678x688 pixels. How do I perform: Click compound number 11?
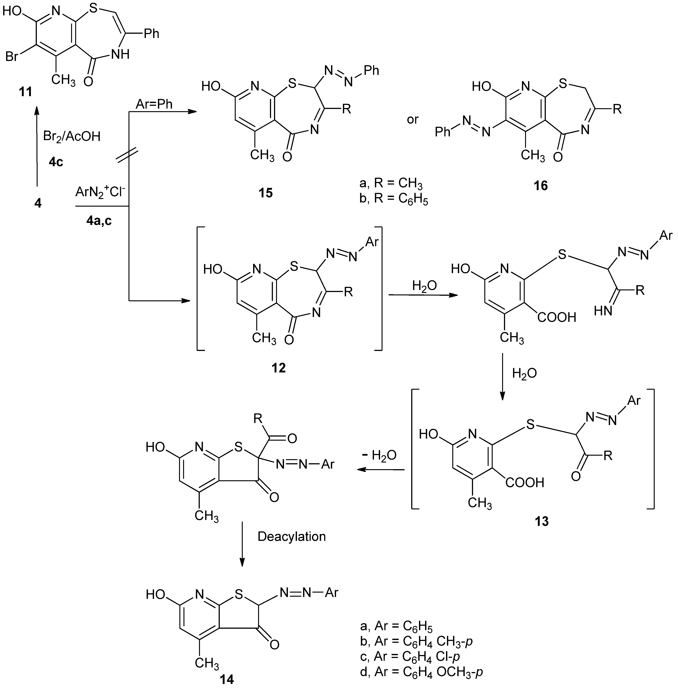(x=25, y=92)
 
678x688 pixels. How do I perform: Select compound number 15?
(x=265, y=193)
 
